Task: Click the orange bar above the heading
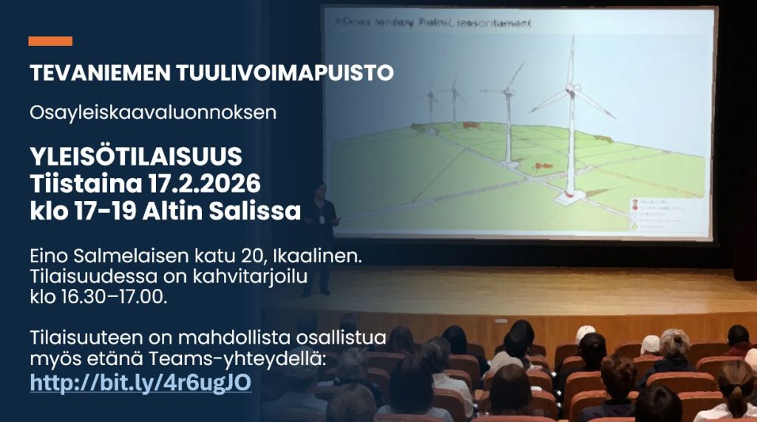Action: (x=50, y=41)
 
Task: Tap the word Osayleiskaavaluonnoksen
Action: (x=153, y=113)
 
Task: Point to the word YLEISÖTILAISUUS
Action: (x=136, y=157)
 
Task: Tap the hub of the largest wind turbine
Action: (x=570, y=90)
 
